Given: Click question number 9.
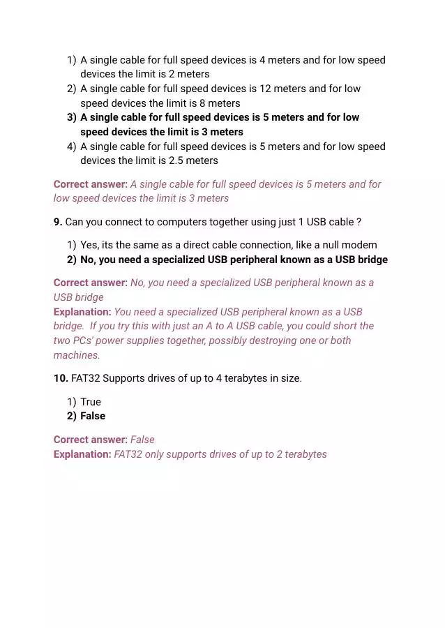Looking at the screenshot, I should [x=58, y=222].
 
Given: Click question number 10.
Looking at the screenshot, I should [x=61, y=378].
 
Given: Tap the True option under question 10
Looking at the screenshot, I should [x=91, y=402].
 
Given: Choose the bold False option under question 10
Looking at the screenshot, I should [x=93, y=416].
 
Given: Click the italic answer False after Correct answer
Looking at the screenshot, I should [x=142, y=440].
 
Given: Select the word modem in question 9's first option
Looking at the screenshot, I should [x=360, y=245].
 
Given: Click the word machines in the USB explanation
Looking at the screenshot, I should [x=75, y=355].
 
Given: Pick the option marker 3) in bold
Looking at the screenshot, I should [x=71, y=117].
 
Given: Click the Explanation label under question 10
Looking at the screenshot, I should [x=82, y=454].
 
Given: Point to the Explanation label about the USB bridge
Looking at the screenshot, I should [x=82, y=312].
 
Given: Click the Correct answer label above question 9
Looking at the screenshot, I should [x=91, y=184].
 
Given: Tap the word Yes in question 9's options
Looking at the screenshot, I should [x=89, y=245].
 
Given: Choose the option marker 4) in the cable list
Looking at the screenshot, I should [x=71, y=147].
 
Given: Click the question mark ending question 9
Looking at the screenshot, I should [x=359, y=222].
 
